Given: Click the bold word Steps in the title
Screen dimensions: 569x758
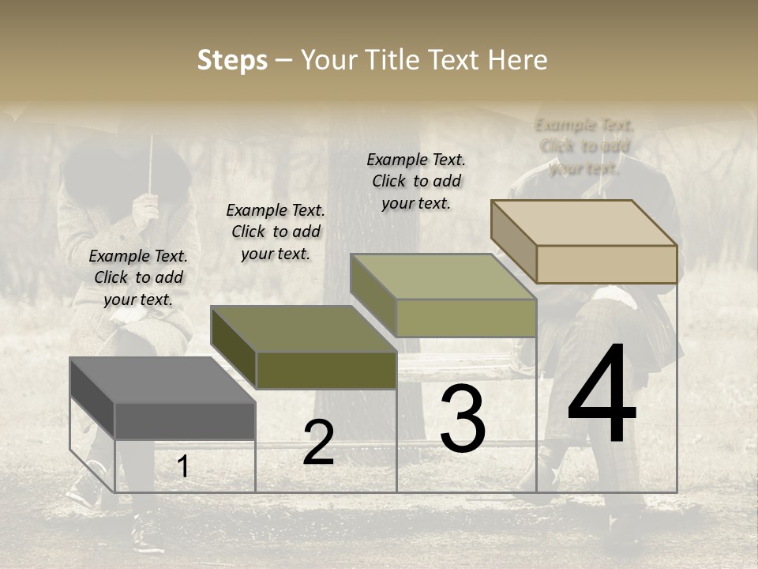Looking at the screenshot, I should [232, 61].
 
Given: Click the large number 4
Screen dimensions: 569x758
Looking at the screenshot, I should [602, 395].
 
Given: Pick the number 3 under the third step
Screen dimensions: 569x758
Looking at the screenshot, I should [463, 419].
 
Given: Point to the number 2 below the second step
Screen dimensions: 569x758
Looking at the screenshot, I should [318, 443].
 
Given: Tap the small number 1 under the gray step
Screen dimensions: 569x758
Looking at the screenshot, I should [183, 466].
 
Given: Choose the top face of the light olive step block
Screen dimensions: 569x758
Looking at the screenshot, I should [443, 277].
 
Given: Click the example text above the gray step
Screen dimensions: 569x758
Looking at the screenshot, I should [138, 277].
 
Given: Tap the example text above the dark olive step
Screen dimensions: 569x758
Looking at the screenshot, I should [276, 232].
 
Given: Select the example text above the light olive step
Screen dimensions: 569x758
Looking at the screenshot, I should [416, 181].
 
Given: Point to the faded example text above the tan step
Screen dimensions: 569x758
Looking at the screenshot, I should [584, 146].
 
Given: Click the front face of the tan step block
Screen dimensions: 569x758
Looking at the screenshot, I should [606, 264].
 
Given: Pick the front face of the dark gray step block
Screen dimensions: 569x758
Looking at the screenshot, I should [185, 420].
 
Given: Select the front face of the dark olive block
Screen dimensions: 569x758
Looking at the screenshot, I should [326, 370].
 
